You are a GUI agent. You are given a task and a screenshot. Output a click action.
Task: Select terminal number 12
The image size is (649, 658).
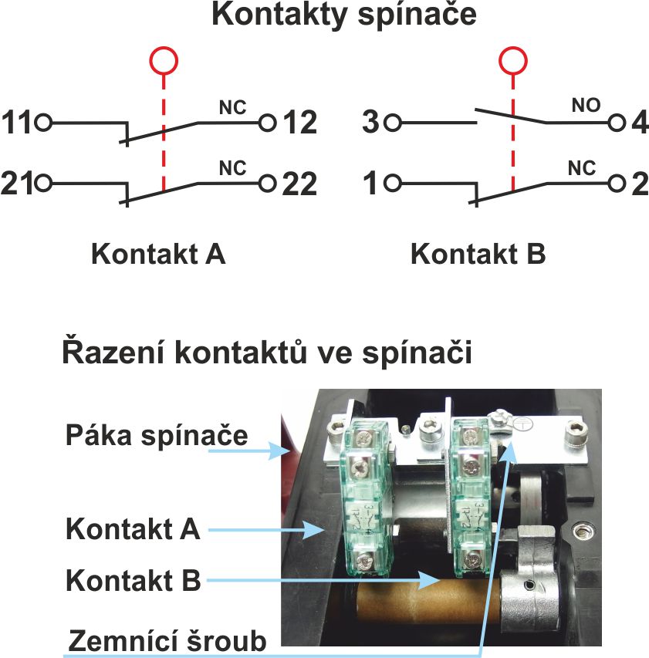(x=300, y=123)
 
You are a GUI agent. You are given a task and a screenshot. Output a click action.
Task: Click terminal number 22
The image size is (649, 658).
(x=300, y=184)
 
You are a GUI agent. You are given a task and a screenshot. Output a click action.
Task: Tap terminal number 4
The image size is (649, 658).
(x=640, y=123)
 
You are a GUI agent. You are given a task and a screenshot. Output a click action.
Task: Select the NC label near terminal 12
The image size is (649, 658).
(x=232, y=107)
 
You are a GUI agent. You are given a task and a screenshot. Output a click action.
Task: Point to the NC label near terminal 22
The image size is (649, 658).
(x=232, y=167)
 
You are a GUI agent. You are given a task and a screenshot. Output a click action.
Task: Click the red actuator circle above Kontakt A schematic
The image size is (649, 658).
(x=163, y=60)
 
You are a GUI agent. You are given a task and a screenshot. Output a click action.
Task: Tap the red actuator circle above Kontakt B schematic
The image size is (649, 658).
(x=512, y=60)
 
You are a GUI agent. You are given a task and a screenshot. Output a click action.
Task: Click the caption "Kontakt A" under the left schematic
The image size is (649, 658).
(x=158, y=254)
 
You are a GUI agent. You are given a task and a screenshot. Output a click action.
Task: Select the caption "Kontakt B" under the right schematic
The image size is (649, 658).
(x=478, y=254)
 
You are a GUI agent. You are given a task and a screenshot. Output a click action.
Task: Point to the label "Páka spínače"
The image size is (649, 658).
(x=156, y=434)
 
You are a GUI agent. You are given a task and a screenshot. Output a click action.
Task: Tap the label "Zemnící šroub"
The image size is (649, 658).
(x=167, y=640)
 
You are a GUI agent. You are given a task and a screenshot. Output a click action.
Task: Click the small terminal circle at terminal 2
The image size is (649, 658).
(x=616, y=184)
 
